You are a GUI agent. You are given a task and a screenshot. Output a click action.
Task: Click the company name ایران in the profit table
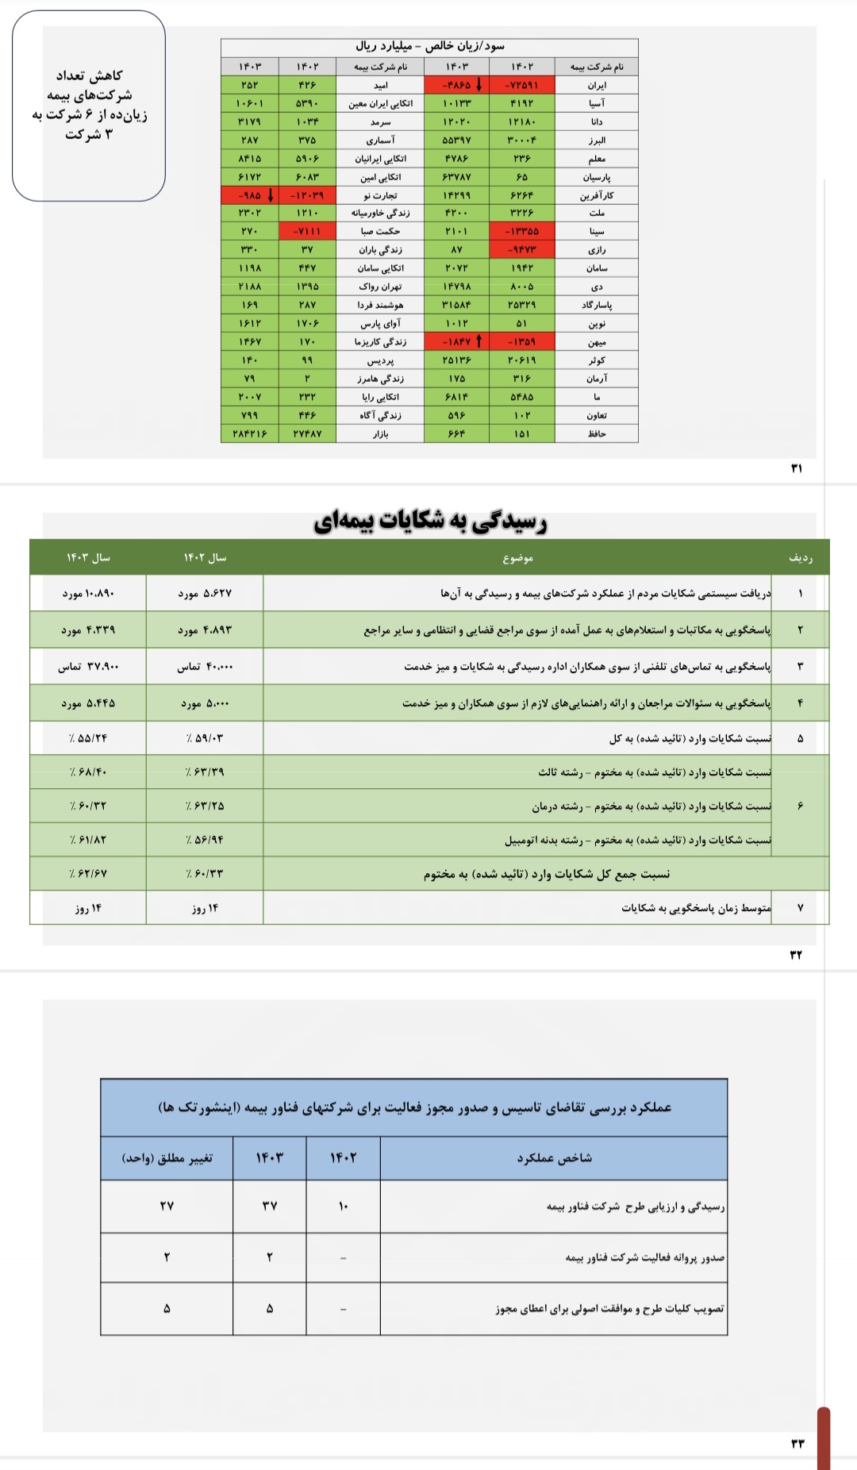click(x=597, y=85)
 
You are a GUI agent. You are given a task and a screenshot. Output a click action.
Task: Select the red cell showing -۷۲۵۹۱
click(x=521, y=85)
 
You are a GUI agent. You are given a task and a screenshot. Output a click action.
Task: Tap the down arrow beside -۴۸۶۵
click(x=478, y=84)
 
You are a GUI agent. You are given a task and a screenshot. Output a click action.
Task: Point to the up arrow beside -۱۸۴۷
click(x=478, y=341)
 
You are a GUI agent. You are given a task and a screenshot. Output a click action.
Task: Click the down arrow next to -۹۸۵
click(x=271, y=194)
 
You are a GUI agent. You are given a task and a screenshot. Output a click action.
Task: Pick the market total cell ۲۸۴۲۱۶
click(x=250, y=433)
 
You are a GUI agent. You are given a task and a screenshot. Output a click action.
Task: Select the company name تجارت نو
click(x=380, y=195)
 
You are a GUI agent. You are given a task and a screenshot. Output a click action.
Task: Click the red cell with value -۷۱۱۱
click(x=307, y=231)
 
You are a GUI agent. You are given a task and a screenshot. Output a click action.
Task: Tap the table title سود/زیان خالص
click(x=429, y=46)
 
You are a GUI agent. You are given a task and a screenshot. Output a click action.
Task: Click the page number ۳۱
click(x=797, y=468)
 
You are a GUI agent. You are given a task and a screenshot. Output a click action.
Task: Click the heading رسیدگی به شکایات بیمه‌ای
click(x=430, y=521)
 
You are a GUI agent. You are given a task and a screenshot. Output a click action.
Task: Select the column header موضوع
click(x=517, y=558)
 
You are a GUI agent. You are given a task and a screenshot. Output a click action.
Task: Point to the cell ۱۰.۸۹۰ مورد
click(x=88, y=593)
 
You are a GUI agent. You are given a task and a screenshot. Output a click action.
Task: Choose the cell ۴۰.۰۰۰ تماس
click(x=205, y=667)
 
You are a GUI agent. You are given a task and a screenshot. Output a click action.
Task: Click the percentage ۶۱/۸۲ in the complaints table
click(x=88, y=840)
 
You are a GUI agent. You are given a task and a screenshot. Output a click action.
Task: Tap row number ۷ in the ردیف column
click(x=800, y=907)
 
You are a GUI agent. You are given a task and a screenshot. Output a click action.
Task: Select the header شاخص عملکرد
click(x=554, y=1158)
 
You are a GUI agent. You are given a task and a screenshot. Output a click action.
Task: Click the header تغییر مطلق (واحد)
click(x=167, y=1158)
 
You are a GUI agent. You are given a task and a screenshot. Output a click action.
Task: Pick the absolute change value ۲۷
click(x=167, y=1206)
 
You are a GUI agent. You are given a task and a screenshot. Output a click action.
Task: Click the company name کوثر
click(x=597, y=360)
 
